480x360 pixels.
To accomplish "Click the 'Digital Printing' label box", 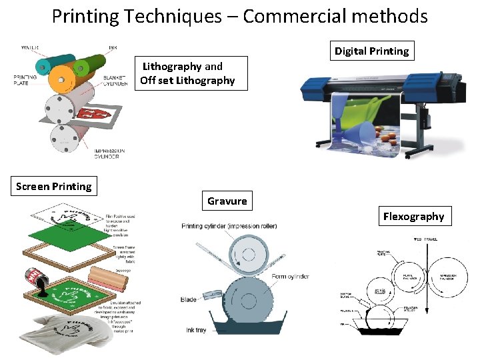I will click(x=372, y=51).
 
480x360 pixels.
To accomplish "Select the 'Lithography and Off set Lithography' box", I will click(x=187, y=73).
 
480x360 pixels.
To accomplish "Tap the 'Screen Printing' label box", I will click(x=53, y=186).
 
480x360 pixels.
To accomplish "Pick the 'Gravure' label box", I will click(x=227, y=201).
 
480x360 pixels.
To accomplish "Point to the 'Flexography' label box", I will click(x=413, y=216).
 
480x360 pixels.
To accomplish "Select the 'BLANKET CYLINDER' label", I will click(x=115, y=81).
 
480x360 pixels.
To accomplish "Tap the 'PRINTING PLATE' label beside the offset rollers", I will click(x=25, y=81).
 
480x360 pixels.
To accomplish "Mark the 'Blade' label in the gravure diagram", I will click(x=189, y=300).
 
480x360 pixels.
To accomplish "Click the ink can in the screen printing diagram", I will click(x=35, y=278).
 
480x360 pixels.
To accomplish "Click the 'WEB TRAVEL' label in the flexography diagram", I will click(x=426, y=239).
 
